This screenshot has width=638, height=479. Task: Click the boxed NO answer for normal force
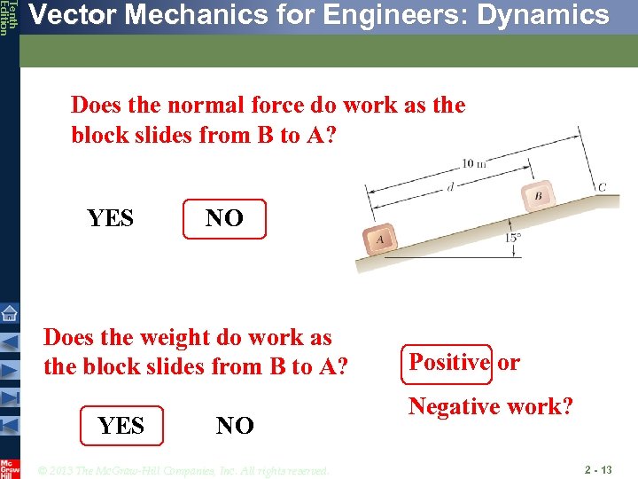click(x=224, y=218)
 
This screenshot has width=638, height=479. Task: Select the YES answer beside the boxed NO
click(x=111, y=218)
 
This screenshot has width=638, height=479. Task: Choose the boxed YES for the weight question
click(x=121, y=426)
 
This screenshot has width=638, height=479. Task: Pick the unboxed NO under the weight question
click(x=235, y=426)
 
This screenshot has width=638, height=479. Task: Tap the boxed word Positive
click(x=448, y=362)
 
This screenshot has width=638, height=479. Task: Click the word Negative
click(x=453, y=407)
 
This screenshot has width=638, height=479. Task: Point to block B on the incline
click(x=537, y=196)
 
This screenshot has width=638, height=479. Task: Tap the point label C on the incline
click(x=602, y=187)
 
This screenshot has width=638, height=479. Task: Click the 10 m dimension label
click(x=475, y=163)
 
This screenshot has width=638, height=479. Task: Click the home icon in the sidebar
click(x=10, y=312)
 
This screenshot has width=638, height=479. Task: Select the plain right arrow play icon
click(x=10, y=370)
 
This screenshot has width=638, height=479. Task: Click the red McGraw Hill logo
click(x=10, y=467)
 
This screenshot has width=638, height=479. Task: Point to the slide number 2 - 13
click(x=598, y=469)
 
